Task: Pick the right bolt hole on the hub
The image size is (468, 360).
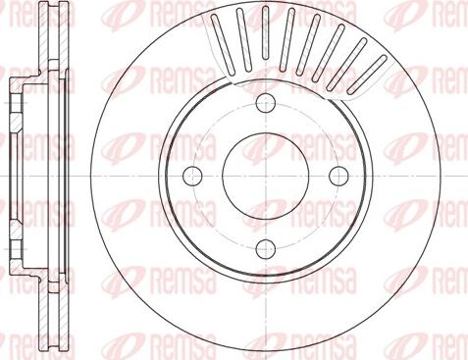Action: tap(338, 177)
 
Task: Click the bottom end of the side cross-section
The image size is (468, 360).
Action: tap(53, 348)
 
